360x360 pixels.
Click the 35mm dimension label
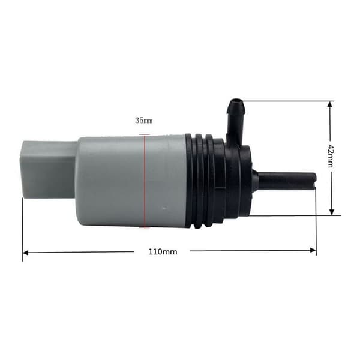(144, 121)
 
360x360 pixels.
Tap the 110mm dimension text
(163, 252)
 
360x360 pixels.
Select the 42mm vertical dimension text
(331, 156)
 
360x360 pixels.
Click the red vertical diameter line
(145, 181)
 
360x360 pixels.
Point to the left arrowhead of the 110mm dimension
(25, 253)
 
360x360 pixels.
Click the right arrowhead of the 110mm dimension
(313, 250)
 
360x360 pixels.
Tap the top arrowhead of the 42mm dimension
(330, 104)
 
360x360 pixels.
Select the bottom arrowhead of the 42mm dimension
(332, 212)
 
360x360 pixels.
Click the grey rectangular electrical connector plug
(49, 169)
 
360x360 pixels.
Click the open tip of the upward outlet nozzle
(236, 101)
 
